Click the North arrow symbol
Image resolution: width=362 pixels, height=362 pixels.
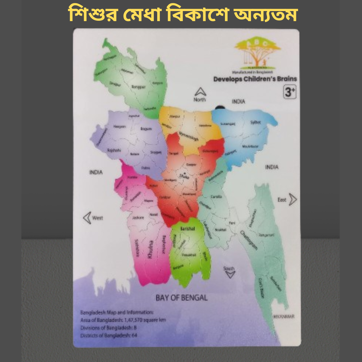point(200,92)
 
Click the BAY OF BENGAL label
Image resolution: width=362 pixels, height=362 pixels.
point(182,297)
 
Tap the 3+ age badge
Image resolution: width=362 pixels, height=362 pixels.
point(290,92)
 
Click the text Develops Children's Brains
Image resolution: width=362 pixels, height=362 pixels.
point(255,79)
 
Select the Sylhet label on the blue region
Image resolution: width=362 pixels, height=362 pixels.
point(255,122)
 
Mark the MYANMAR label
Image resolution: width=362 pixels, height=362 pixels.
point(284,316)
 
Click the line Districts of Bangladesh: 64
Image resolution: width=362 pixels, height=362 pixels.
point(109,335)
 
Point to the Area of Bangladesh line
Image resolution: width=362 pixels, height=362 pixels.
point(123,320)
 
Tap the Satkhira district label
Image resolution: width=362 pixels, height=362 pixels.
point(136,248)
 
